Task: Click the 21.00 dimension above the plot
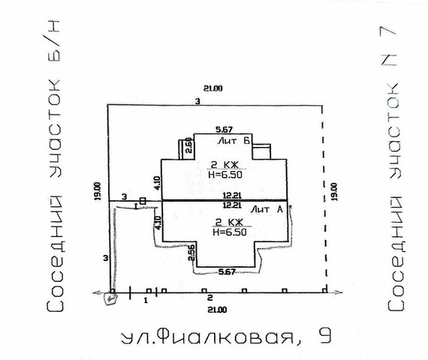click(x=216, y=89)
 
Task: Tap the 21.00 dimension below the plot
click(x=216, y=309)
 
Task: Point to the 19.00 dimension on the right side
click(x=333, y=190)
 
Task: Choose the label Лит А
click(x=267, y=209)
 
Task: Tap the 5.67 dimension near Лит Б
click(x=222, y=129)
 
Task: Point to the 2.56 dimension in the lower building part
click(x=192, y=253)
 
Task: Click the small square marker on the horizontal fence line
click(x=143, y=200)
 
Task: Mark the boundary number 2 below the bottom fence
click(x=209, y=298)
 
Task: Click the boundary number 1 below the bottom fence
click(x=144, y=299)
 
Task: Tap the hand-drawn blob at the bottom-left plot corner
click(x=111, y=299)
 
